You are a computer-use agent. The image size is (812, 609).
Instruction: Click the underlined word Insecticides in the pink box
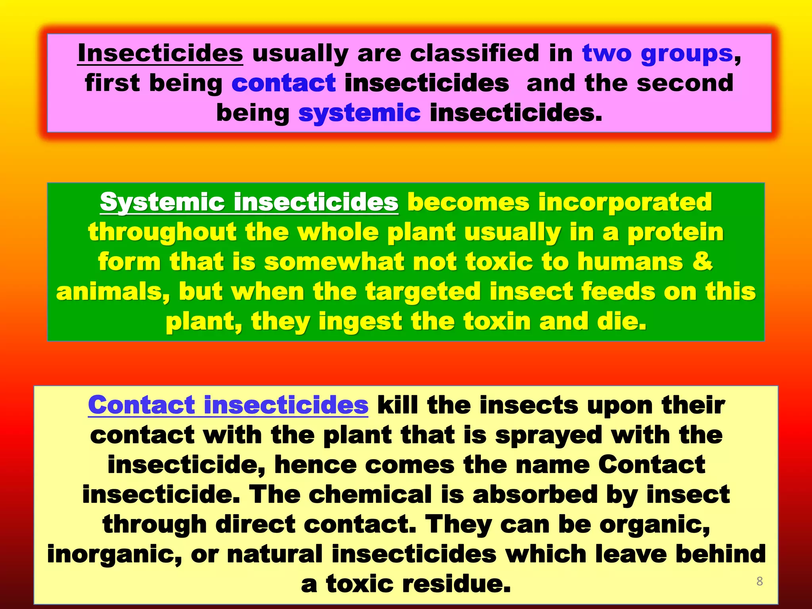[160, 53]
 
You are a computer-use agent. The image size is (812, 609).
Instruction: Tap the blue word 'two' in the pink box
[607, 53]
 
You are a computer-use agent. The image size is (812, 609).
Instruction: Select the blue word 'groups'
[687, 54]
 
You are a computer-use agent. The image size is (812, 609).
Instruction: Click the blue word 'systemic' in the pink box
[359, 113]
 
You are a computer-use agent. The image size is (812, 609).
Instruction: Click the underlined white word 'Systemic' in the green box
[162, 203]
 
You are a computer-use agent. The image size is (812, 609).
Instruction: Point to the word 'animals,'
[113, 292]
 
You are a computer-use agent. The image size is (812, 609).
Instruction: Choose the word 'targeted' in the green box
[423, 292]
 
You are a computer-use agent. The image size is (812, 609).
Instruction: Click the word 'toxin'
[497, 321]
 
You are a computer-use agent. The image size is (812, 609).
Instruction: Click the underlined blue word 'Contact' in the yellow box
[141, 405]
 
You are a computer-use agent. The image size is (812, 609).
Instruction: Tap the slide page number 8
[759, 581]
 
